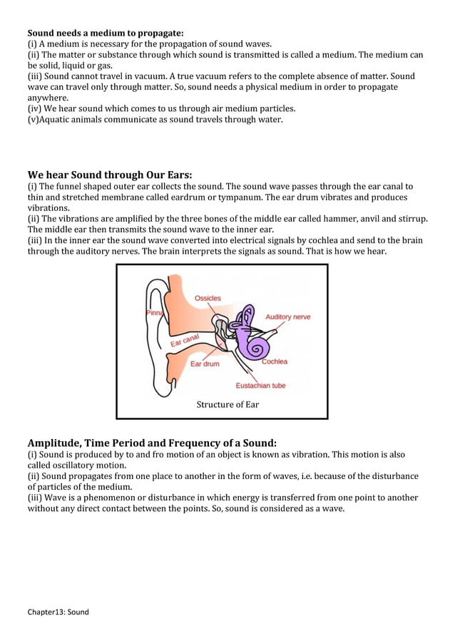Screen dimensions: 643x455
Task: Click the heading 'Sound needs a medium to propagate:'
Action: [x=106, y=33]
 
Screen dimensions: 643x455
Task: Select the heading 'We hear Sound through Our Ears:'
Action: [x=110, y=175]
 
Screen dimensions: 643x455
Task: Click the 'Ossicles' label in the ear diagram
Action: [x=208, y=298]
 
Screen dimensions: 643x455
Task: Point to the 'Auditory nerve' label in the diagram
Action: [x=288, y=317]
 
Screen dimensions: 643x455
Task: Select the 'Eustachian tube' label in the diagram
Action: [x=261, y=386]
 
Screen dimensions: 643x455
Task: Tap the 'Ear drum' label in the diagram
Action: [x=205, y=364]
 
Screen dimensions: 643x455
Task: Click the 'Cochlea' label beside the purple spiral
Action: [x=275, y=361]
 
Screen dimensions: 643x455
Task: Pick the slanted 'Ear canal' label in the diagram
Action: [x=184, y=341]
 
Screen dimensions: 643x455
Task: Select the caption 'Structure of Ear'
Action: [x=227, y=404]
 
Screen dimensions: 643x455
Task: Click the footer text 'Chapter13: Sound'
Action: [x=58, y=612]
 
